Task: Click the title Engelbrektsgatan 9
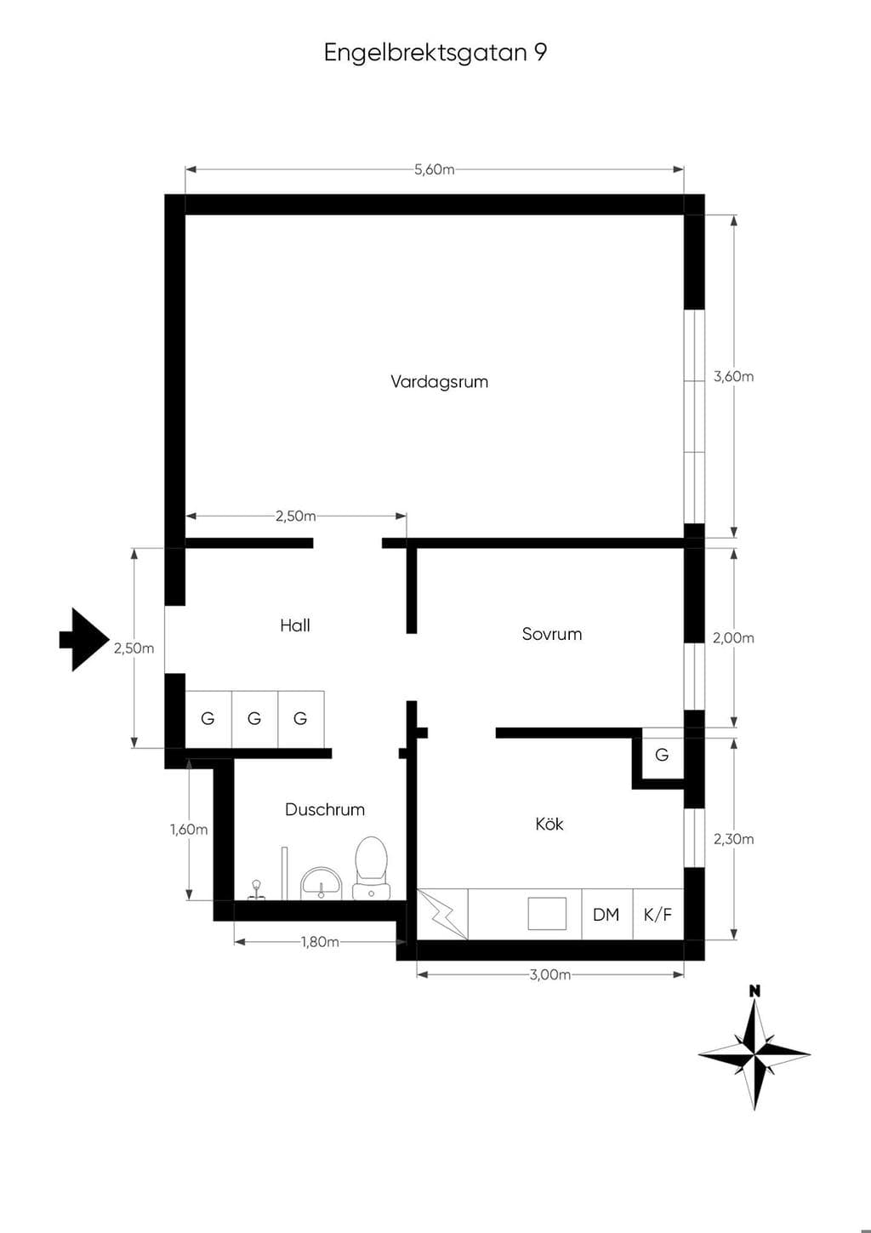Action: coord(435,54)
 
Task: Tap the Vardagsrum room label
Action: coord(439,381)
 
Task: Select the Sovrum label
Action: coord(552,634)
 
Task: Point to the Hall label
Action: coord(295,625)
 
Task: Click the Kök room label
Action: coord(549,824)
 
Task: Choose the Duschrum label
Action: coord(325,809)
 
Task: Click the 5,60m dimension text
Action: coord(435,169)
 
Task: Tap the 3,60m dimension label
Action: coord(733,376)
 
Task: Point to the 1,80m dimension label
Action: coord(320,942)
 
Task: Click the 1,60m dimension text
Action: coord(189,829)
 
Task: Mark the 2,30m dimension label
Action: coord(733,839)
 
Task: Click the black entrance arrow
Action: coord(85,640)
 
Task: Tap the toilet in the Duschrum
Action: coord(371,869)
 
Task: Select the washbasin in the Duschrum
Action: coord(321,883)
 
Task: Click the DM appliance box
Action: coord(607,914)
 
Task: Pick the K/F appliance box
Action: coord(658,914)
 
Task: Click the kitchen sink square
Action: coord(547,914)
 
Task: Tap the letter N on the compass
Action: coord(755,1007)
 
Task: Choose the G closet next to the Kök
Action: coord(663,754)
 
